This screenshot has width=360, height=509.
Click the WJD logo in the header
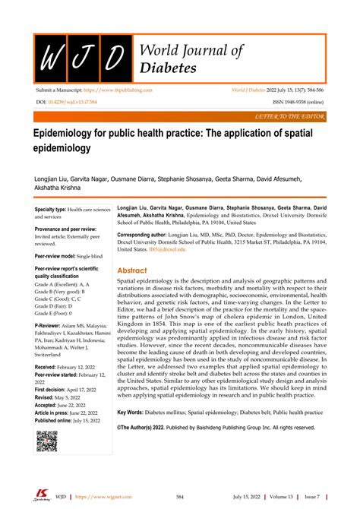(82, 57)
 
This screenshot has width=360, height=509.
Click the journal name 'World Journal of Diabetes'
(191, 59)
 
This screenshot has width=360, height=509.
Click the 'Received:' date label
(49, 387)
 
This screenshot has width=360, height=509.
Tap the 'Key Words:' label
(134, 413)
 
